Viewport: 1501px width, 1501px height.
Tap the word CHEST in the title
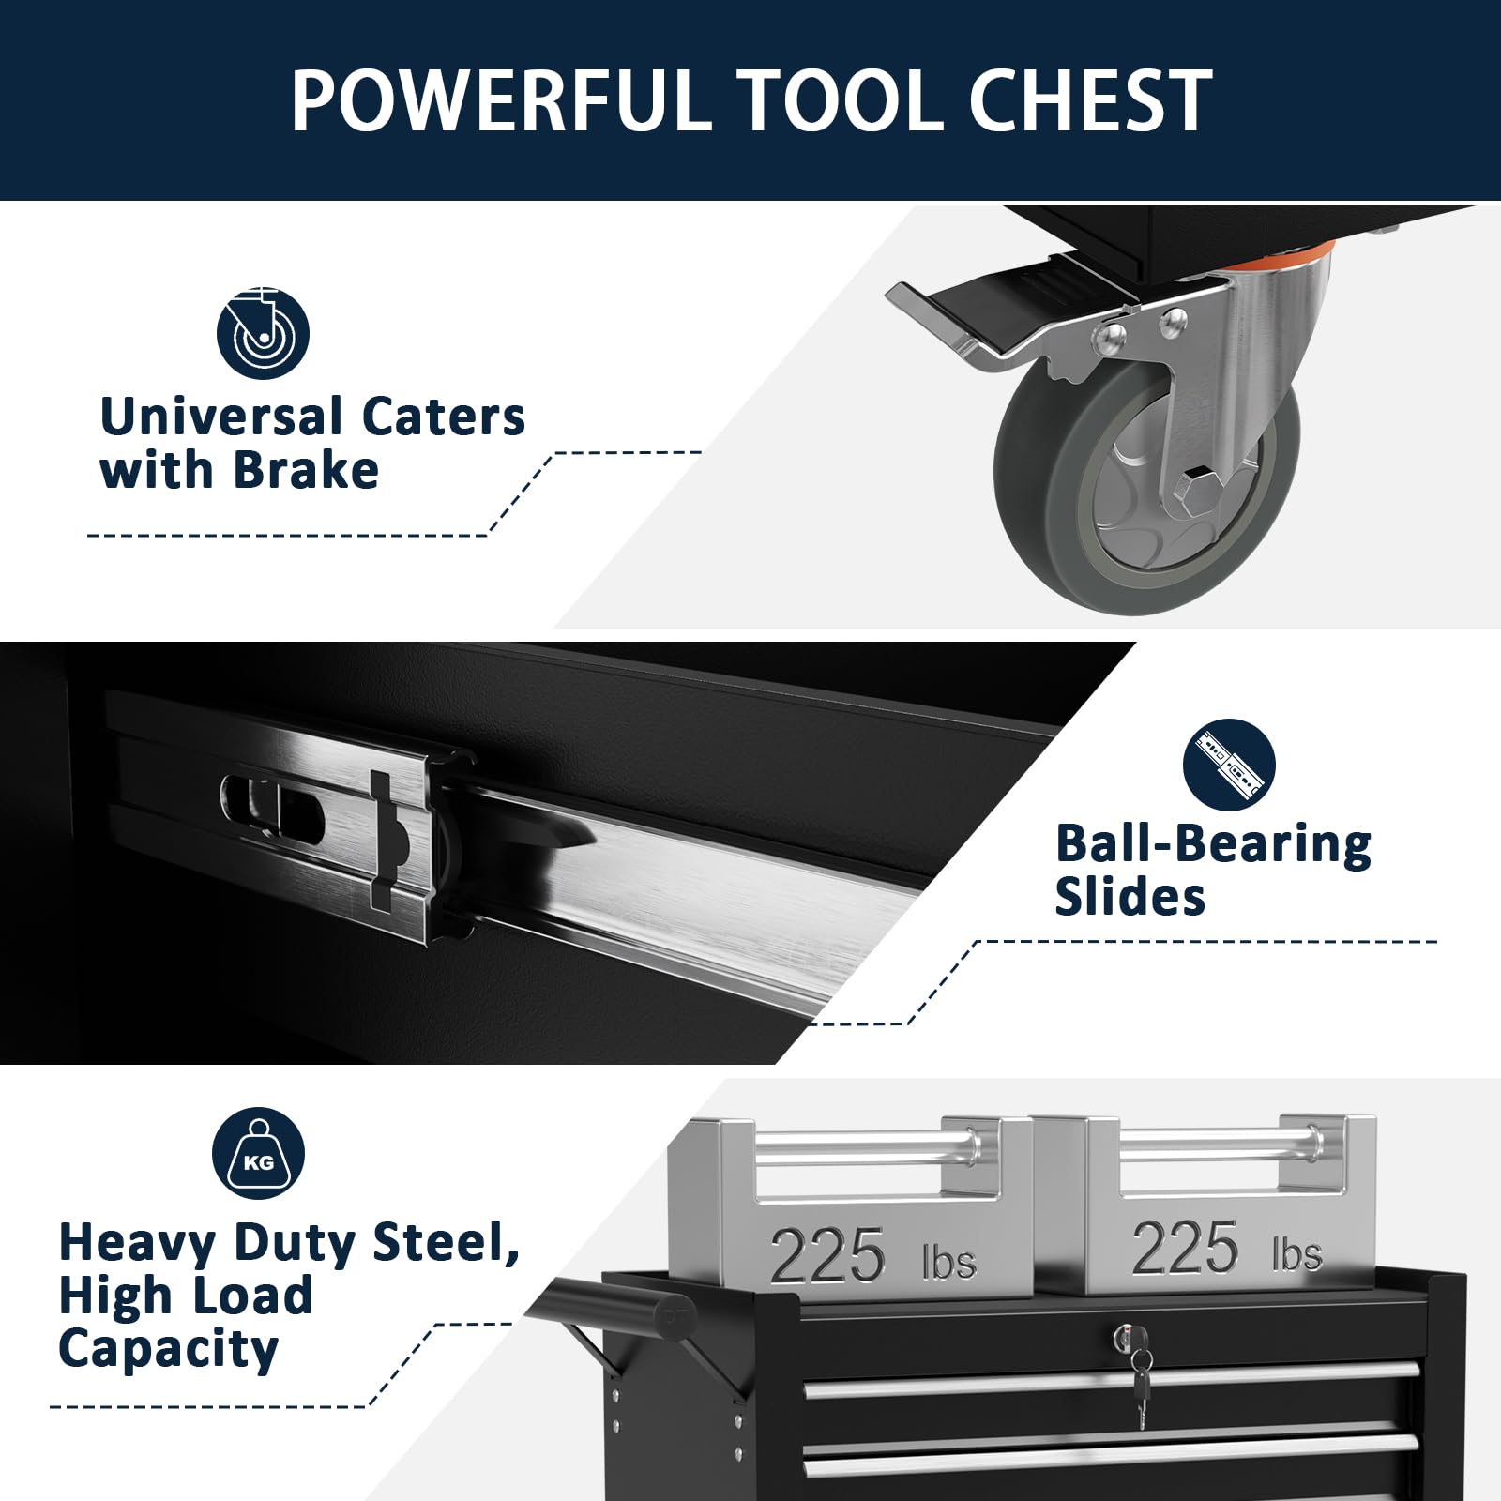point(1090,100)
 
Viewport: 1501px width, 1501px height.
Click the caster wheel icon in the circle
point(263,333)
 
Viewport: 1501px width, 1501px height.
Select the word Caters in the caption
point(443,417)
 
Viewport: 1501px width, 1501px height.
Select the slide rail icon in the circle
point(1229,766)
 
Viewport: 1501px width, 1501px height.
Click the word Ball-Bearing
point(1213,843)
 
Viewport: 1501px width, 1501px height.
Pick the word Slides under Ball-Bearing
point(1130,897)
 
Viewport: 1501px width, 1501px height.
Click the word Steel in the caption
point(446,1242)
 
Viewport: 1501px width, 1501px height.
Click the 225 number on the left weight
point(826,1255)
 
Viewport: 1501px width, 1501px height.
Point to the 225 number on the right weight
point(1185,1248)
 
